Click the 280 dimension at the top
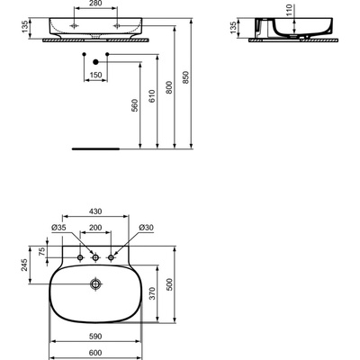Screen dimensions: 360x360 click(95, 4)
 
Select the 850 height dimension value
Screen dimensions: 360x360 click(186, 77)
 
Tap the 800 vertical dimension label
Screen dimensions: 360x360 click(169, 87)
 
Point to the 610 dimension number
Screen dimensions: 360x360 click(152, 96)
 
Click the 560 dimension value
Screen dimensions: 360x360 click(135, 105)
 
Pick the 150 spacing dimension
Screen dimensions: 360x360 click(95, 75)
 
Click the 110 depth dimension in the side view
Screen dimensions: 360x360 click(289, 10)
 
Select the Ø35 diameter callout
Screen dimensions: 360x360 click(58, 228)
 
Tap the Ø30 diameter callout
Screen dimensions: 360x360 click(146, 228)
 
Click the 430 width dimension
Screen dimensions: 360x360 click(95, 211)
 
